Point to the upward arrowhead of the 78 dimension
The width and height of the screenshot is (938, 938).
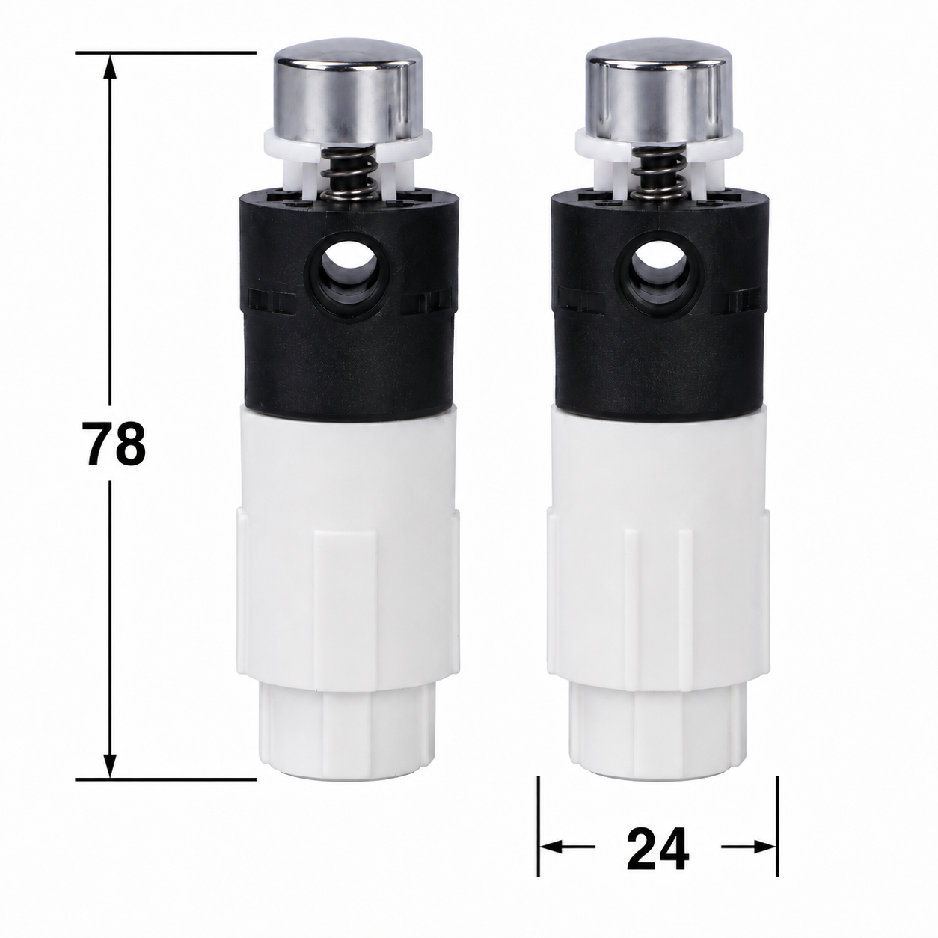pyautogui.click(x=111, y=66)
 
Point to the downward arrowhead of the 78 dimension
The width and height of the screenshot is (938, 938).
pyautogui.click(x=111, y=766)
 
